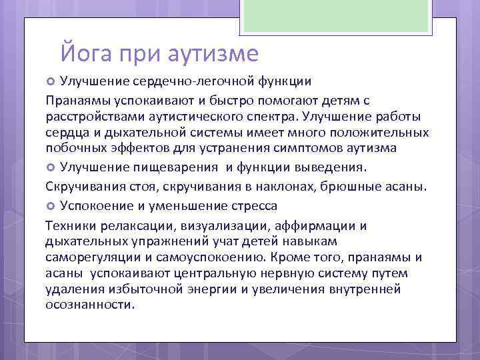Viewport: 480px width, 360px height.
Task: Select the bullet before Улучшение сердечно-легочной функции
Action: [51, 82]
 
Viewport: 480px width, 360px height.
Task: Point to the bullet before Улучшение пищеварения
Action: [51, 166]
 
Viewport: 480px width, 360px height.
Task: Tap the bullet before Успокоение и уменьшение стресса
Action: [51, 205]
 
